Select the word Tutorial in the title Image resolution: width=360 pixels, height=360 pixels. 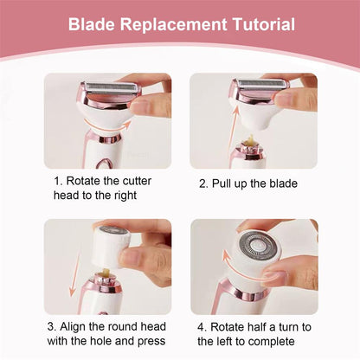259,25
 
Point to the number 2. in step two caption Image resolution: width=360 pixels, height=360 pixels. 203,184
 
